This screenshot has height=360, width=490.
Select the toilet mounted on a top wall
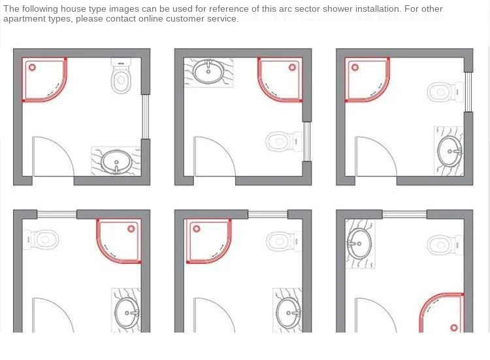pos(121,76)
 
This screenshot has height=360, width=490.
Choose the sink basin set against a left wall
pos(359,244)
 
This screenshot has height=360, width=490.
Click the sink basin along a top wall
pos(208,71)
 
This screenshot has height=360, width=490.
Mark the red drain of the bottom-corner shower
pos(454,327)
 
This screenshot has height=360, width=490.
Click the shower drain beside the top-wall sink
pos(292,67)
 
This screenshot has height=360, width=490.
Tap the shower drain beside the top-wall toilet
pos(32,67)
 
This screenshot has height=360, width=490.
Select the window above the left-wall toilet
pos(57,214)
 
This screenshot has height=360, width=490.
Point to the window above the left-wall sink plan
pos(404,214)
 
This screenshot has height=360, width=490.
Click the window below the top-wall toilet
pos(145,117)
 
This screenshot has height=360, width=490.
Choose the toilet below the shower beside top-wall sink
pos(284,141)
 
